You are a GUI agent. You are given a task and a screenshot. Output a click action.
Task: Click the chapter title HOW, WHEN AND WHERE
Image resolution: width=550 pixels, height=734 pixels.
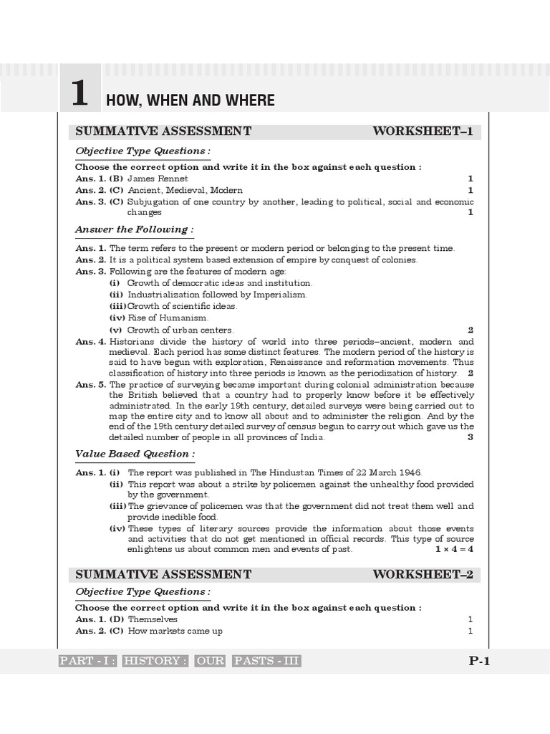[x=190, y=100]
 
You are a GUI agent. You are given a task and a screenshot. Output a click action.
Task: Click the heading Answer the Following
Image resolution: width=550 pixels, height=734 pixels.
[x=134, y=229]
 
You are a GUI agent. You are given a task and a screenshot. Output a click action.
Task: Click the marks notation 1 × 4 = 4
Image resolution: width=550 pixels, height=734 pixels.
[x=454, y=549]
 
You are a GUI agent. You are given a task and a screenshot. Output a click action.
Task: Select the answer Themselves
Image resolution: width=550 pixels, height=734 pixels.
[x=153, y=619]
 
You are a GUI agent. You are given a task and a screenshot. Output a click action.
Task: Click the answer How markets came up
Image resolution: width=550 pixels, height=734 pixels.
[x=175, y=631]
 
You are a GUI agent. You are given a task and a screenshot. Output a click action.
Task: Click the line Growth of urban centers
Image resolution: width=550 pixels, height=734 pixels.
[x=180, y=330]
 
